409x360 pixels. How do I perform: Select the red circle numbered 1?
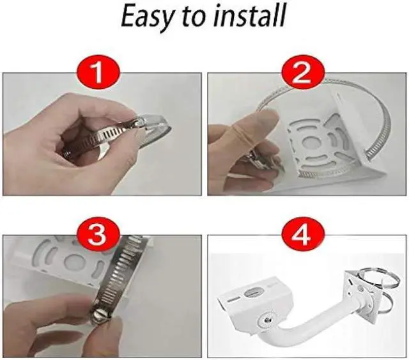97,74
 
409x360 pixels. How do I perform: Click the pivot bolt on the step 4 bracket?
266,317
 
